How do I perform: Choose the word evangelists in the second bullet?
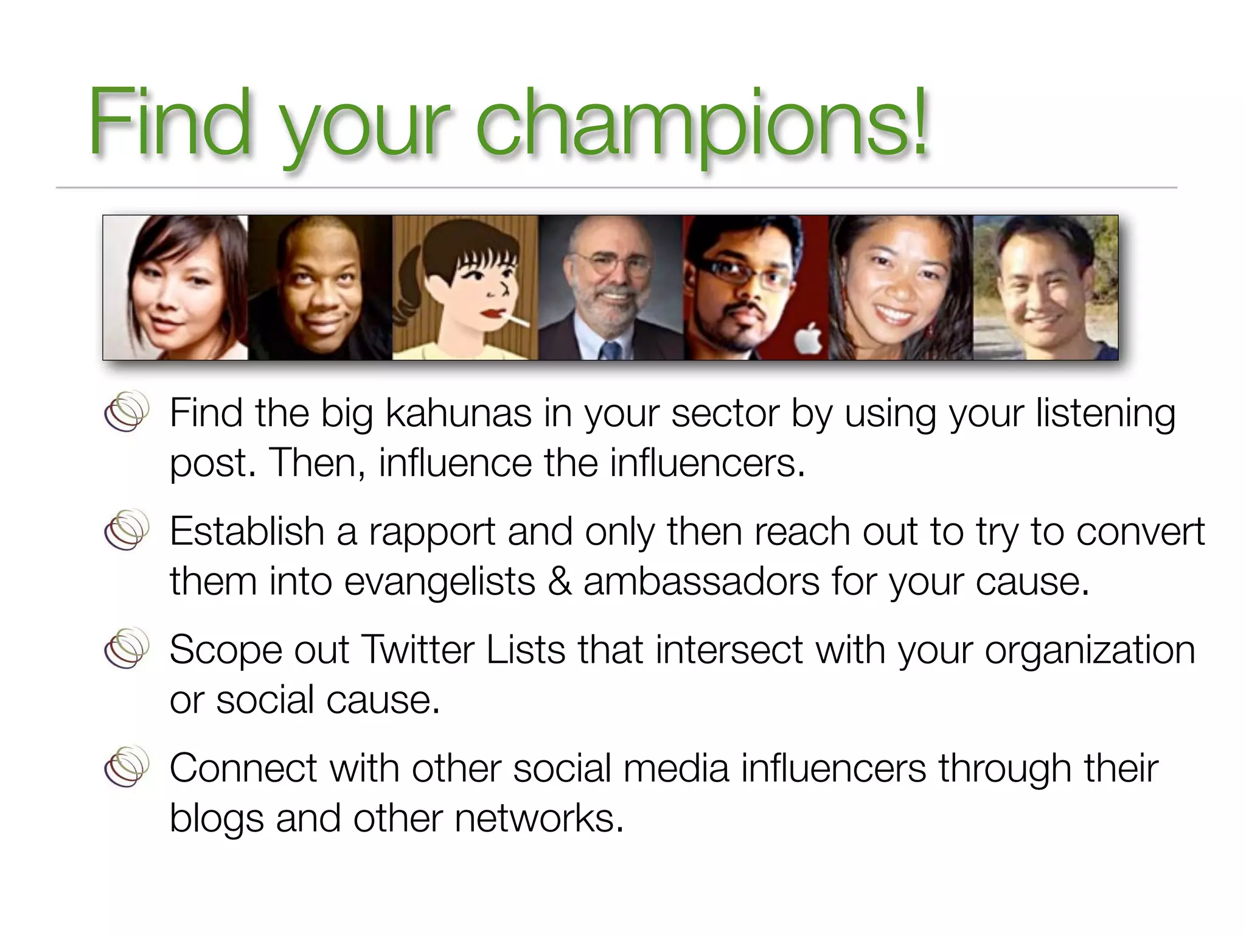click(x=439, y=581)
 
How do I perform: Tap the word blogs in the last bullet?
click(x=216, y=818)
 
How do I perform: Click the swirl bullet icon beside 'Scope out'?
click(x=127, y=648)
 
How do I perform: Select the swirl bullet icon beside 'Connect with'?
click(x=127, y=766)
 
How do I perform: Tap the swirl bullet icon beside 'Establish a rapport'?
click(x=127, y=530)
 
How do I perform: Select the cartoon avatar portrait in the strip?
click(x=465, y=287)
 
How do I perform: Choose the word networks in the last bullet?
click(x=539, y=818)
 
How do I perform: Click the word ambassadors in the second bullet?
click(x=701, y=581)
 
